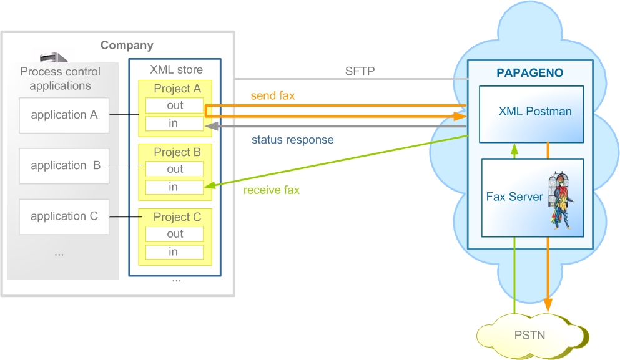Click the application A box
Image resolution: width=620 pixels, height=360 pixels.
click(64, 115)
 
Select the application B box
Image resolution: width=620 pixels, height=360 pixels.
click(64, 166)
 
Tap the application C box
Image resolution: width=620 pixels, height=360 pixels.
click(64, 217)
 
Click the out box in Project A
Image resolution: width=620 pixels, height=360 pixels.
click(174, 105)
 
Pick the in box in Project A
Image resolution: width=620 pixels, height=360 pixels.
click(174, 124)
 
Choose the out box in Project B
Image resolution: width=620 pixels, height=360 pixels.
click(174, 169)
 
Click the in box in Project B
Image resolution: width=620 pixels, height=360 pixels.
click(174, 187)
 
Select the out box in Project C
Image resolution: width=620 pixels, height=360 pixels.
click(174, 234)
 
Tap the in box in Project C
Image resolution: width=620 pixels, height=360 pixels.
click(174, 252)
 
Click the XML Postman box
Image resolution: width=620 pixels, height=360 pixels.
click(531, 114)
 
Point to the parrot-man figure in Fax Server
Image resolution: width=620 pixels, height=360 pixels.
click(560, 200)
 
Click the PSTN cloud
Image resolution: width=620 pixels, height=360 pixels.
click(532, 336)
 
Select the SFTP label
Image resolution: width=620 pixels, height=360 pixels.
click(360, 71)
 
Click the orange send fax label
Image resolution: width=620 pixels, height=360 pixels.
click(273, 95)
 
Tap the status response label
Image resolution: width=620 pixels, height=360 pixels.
click(293, 140)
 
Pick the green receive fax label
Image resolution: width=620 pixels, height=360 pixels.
click(272, 190)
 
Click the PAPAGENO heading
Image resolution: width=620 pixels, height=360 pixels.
click(530, 73)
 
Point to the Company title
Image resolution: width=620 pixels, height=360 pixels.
click(127, 46)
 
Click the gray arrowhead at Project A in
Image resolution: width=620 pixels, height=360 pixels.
click(212, 126)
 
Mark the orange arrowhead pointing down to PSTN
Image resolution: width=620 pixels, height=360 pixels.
click(548, 305)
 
